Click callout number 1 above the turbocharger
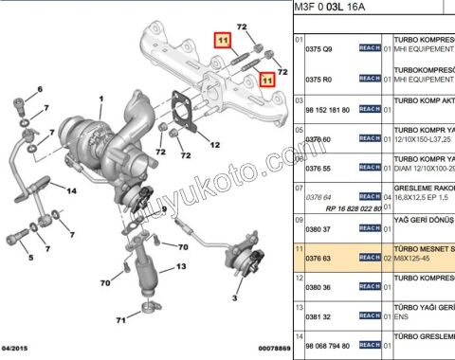[x=100, y=99]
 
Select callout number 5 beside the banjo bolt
[x=29, y=257]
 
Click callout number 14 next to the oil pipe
[x=70, y=189]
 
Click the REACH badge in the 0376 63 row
[x=370, y=257]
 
